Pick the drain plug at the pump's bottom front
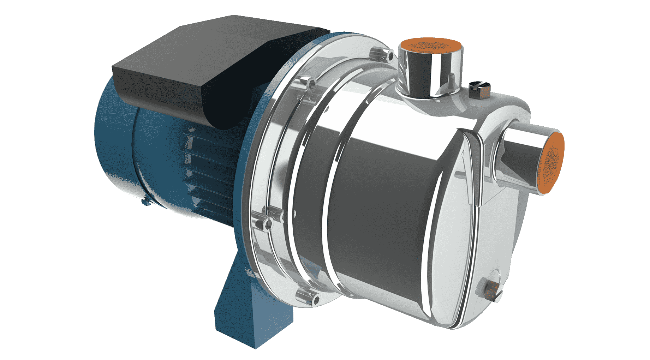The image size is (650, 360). pos(491,288)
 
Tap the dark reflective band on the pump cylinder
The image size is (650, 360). pos(381,198)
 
